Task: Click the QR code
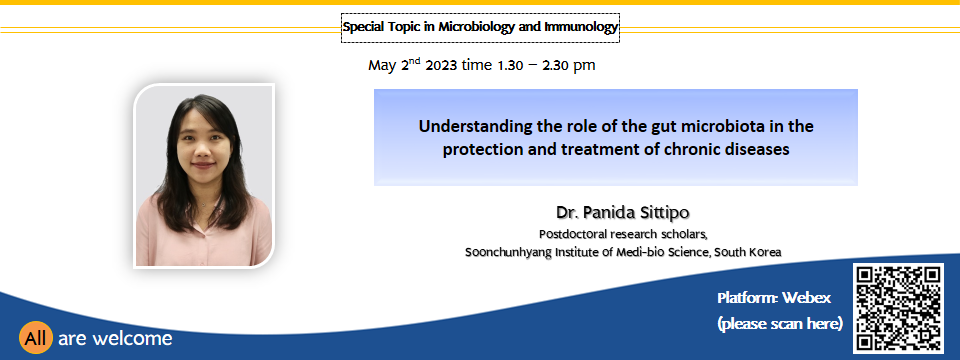coord(898,309)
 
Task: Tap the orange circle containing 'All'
coord(36,338)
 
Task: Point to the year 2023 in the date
coord(441,66)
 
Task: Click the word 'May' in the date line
coord(383,66)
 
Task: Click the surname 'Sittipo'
coord(664,212)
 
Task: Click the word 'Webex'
coord(806,298)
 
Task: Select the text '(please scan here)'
coord(779,323)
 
